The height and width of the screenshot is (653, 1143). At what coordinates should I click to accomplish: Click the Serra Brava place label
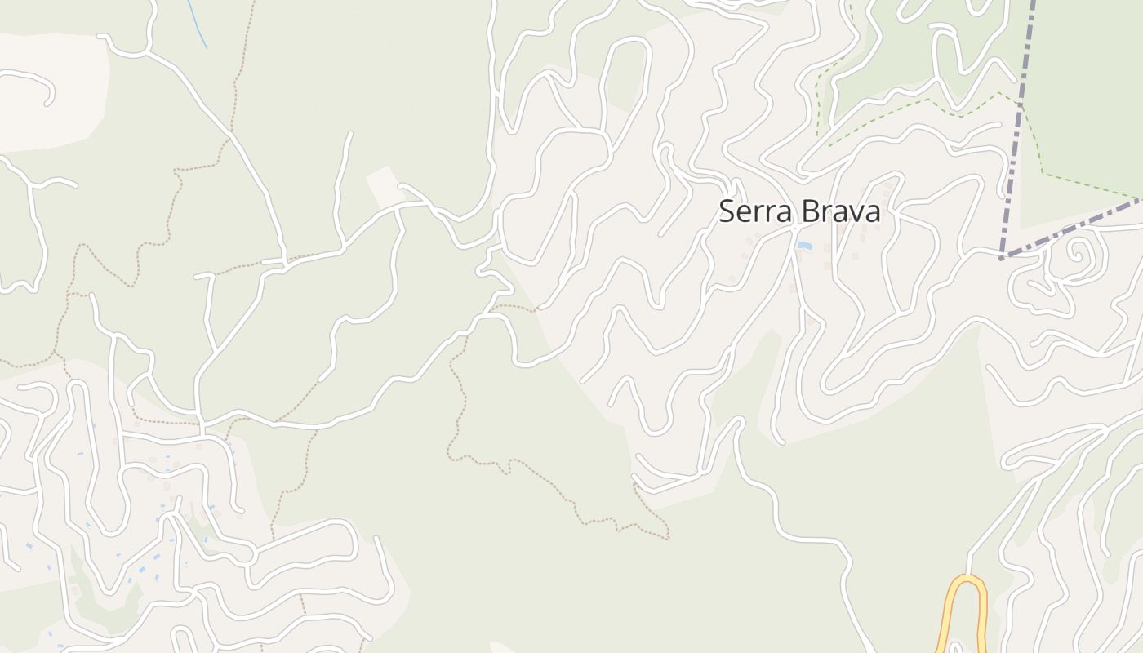[799, 211]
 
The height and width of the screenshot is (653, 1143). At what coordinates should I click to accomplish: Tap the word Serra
[755, 211]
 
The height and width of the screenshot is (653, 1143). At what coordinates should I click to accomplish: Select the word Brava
[840, 211]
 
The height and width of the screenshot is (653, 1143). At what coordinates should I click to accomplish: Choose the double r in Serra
[763, 214]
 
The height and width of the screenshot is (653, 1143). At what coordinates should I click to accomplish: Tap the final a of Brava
[872, 214]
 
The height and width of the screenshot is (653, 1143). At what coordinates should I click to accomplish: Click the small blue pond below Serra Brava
[804, 246]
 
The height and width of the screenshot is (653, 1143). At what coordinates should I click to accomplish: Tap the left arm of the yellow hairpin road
[953, 620]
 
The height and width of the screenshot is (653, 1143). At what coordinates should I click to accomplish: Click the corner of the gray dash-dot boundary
[1003, 257]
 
